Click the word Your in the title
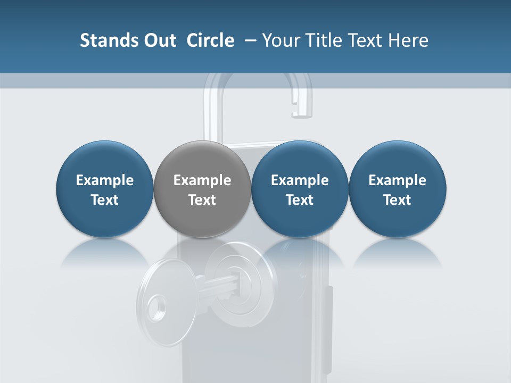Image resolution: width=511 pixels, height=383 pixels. pos(281,40)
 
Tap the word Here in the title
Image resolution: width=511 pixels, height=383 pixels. pos(408,40)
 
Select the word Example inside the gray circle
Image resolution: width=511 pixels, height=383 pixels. pos(202,180)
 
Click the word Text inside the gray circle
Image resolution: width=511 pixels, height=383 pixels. pos(202,200)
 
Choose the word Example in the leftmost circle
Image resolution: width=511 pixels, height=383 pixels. pos(104,180)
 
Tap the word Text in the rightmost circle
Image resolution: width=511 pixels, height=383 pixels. pos(398,200)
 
